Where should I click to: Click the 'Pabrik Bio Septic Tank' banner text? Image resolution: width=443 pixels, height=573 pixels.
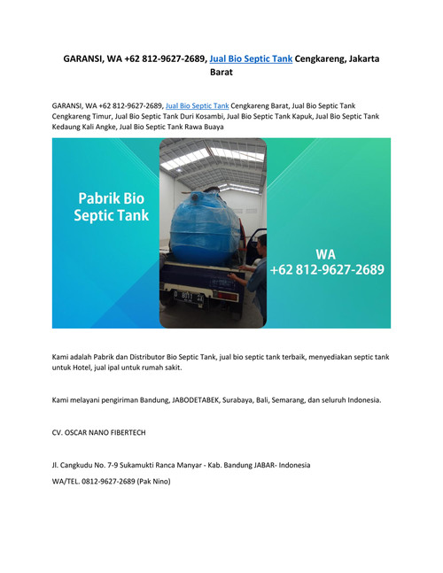111,205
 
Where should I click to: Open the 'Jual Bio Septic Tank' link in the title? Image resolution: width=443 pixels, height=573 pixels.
251,58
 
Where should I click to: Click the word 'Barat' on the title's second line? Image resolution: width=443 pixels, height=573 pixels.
221,73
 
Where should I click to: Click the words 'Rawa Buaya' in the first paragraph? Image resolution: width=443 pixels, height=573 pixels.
202,127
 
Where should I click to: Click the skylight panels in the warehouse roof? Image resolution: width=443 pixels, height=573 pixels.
213,159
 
